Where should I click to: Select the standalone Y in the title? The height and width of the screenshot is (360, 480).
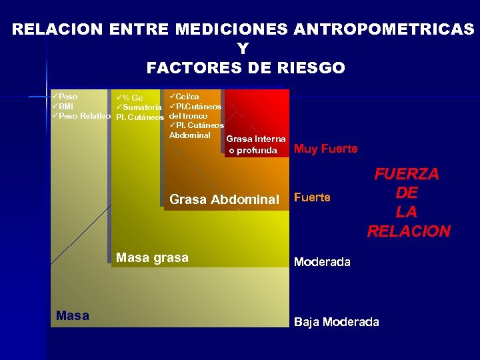pos(242,49)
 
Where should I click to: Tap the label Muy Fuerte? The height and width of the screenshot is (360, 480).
pos(325,149)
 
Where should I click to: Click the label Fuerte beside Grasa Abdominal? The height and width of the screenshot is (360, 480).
pos(312,198)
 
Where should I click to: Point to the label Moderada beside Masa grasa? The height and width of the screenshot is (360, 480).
pos(322,262)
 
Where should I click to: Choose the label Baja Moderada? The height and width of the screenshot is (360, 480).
pos(336,322)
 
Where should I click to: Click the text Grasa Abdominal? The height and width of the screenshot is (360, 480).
pos(224,199)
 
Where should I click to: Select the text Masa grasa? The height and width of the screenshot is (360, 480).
pos(152,257)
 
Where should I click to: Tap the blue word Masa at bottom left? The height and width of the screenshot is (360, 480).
pos(73,315)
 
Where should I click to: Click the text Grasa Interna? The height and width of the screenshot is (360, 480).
pos(256,139)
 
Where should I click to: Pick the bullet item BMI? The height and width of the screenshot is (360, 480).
pos(65,107)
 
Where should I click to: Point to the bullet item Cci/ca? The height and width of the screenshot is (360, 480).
pos(187,97)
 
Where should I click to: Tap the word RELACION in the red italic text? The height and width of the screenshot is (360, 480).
pos(408,231)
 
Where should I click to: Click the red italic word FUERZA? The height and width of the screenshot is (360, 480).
pos(407,174)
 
